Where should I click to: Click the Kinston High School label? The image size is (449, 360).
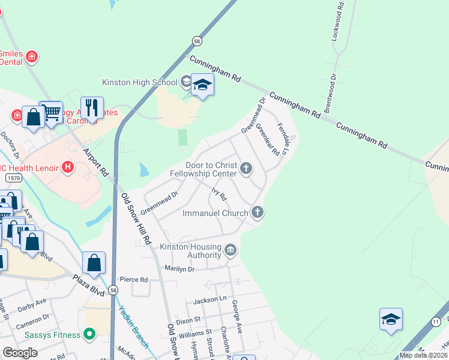[140, 82]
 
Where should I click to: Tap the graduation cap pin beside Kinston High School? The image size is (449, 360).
[203, 87]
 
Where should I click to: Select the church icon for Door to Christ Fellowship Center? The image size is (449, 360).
[246, 169]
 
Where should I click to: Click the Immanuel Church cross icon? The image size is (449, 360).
[258, 211]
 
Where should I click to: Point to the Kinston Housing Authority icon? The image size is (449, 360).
[231, 250]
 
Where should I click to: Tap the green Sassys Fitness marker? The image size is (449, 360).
[90, 333]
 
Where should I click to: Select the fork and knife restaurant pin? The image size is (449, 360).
[92, 108]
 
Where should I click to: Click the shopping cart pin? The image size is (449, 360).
[52, 112]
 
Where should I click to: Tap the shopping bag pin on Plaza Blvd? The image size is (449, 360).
[94, 263]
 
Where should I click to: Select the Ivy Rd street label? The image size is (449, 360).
[218, 193]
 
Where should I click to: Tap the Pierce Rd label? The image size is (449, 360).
[133, 280]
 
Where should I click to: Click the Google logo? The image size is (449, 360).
[20, 353]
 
